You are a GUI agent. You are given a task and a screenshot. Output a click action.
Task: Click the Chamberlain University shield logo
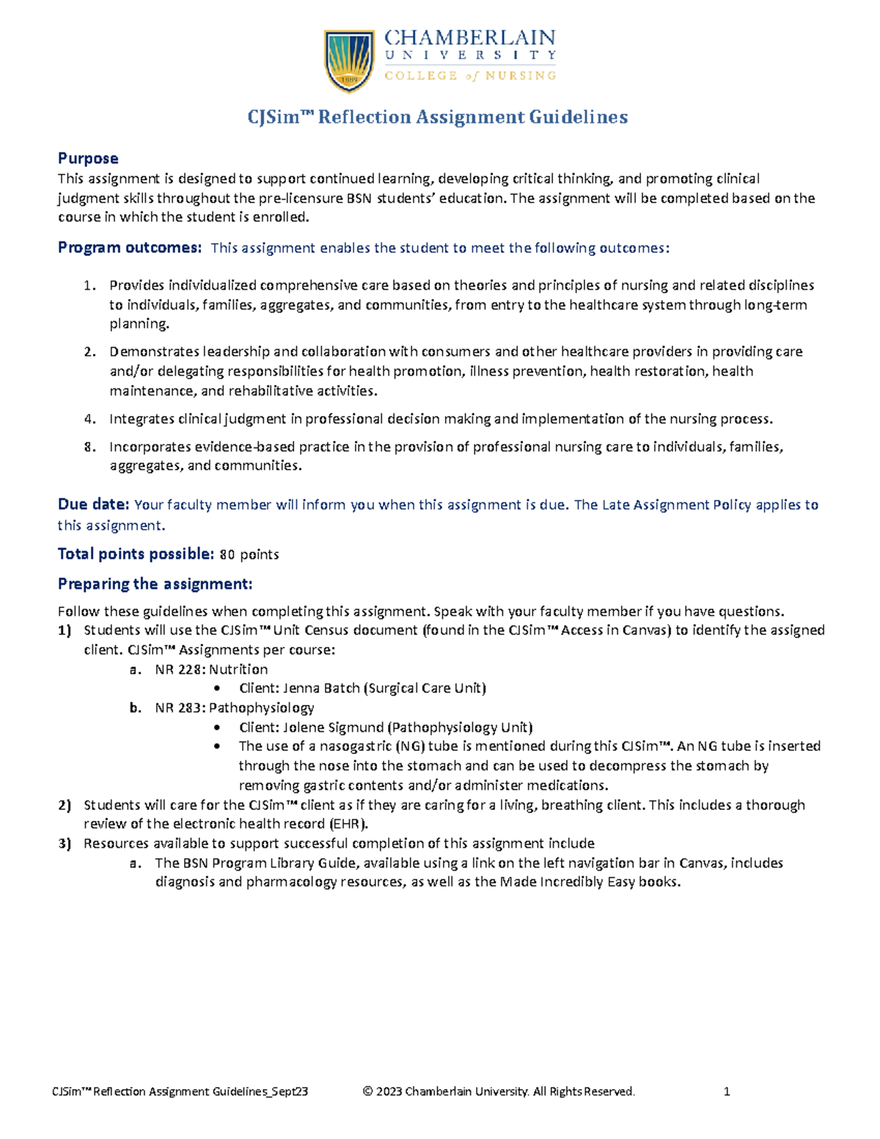tap(349, 61)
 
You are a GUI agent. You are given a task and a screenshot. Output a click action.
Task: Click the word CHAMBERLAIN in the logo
tap(470, 38)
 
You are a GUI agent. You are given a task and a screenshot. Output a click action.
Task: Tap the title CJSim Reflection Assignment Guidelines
tap(437, 117)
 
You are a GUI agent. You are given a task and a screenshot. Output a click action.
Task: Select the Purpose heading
tap(88, 158)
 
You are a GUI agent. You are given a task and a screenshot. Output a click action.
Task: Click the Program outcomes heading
tap(129, 248)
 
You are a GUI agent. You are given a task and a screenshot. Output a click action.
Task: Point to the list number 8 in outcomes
tap(89, 447)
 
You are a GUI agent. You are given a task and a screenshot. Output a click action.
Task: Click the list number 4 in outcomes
tap(89, 419)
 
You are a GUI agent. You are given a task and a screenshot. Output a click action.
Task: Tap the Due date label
tap(93, 505)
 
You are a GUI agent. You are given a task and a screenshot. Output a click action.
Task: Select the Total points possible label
tap(136, 554)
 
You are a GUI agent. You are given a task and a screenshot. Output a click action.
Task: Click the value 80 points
tap(249, 554)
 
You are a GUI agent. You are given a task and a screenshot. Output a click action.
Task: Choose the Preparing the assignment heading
tap(155, 584)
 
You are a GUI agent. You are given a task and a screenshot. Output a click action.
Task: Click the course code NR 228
tap(180, 669)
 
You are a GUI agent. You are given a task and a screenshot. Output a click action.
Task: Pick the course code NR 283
tap(180, 708)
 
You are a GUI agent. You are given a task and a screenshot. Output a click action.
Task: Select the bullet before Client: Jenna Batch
tap(216, 689)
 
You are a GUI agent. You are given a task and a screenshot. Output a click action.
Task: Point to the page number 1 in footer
tap(727, 1091)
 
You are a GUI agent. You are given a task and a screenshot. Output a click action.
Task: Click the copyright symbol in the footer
tap(368, 1091)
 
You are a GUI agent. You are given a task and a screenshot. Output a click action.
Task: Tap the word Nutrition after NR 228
tap(239, 669)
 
